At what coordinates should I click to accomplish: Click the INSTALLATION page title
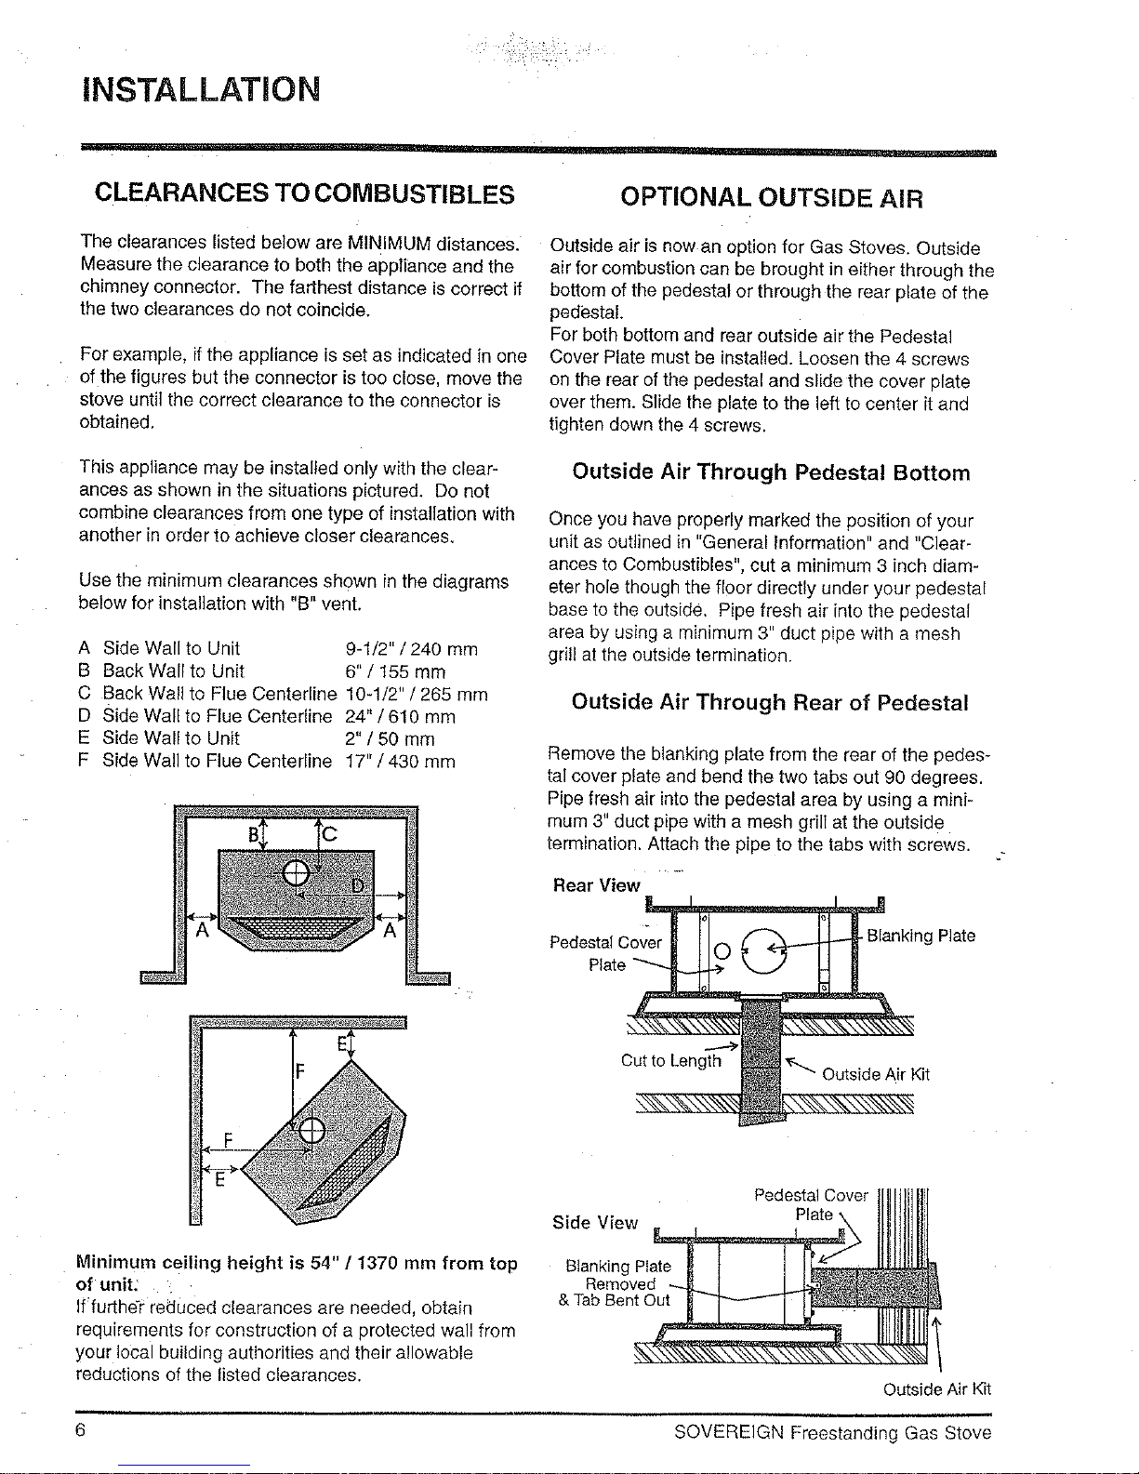201,89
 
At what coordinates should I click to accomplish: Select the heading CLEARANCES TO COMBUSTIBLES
304,194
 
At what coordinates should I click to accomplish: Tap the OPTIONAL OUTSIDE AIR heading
772,198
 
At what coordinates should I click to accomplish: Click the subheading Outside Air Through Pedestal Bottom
771,472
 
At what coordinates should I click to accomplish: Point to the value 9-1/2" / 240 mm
412,649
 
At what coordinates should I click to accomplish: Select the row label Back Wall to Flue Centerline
219,693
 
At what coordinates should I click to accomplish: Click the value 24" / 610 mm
400,716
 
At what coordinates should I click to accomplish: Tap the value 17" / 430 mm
400,761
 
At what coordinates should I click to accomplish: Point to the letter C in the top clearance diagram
329,833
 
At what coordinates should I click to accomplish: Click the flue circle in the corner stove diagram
311,1130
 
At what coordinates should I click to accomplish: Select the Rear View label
596,885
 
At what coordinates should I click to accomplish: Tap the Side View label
594,1222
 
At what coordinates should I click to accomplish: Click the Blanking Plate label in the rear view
920,936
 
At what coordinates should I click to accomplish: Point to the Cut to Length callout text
671,1060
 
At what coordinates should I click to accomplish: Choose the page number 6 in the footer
80,1429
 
